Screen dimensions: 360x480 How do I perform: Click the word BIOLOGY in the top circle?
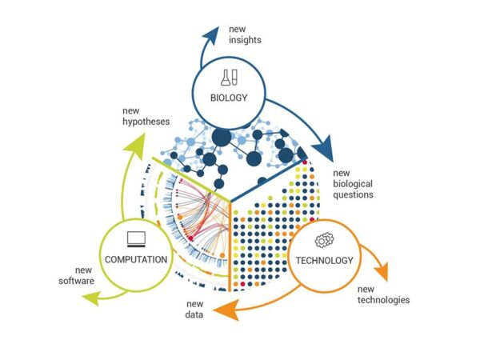(x=230, y=98)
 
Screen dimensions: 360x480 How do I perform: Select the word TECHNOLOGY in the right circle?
(x=325, y=260)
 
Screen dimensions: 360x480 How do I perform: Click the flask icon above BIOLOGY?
(x=230, y=78)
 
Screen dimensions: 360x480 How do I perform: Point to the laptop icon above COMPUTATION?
(x=134, y=238)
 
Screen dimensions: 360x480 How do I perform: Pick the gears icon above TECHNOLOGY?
(x=325, y=239)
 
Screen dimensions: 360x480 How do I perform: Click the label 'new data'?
(x=194, y=310)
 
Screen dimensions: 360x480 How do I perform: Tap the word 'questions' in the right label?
(x=353, y=194)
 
